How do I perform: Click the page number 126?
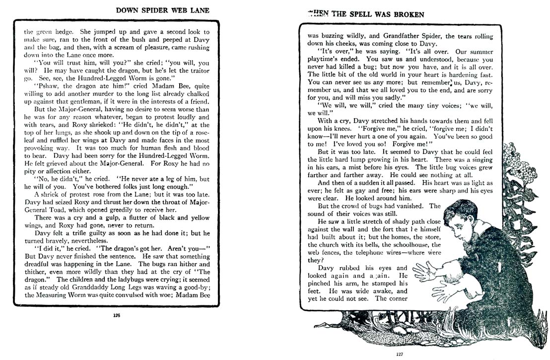117,314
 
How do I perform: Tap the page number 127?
400,354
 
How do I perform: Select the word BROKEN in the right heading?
407,14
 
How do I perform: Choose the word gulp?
118,217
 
